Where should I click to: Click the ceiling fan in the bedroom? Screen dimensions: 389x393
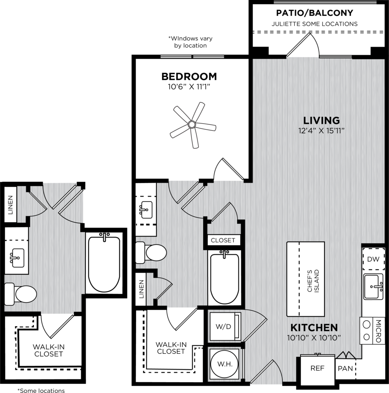coord(192,125)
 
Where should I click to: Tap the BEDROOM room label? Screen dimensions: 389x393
coord(189,76)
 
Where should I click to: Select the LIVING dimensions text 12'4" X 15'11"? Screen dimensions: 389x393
coord(321,130)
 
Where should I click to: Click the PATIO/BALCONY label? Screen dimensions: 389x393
coord(315,13)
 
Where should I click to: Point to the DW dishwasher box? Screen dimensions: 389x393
coord(373,259)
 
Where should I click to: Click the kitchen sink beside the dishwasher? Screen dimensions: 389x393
coord(374,286)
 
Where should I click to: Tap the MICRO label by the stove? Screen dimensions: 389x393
coord(379,331)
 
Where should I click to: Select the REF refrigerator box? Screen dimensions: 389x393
coord(318,368)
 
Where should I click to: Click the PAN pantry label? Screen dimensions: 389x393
coord(345,368)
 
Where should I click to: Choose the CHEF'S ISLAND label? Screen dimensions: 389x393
coord(313,281)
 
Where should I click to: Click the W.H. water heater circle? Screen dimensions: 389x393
coord(225,364)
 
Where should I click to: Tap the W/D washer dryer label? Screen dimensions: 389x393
coord(223,326)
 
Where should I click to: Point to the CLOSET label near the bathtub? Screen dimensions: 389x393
coord(223,240)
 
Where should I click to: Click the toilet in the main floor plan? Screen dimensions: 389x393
coord(151,253)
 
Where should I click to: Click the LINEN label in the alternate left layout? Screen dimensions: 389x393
coord(10,205)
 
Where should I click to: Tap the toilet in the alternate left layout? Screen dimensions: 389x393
coord(21,294)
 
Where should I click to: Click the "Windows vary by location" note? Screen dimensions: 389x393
coord(190,42)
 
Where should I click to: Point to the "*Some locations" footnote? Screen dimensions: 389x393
coord(41,390)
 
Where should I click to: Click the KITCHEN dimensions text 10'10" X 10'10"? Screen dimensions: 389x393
coord(314,338)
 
